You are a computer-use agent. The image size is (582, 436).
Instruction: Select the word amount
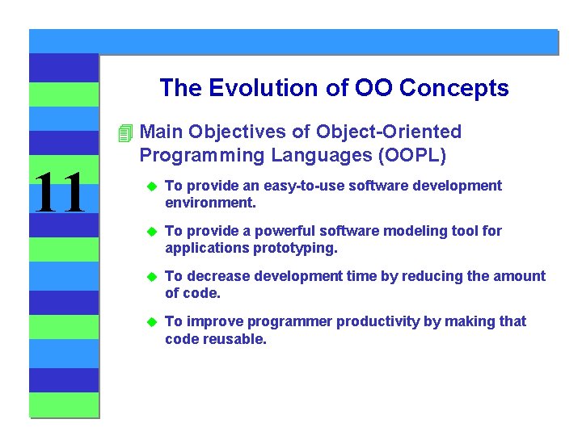pos(517,276)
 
